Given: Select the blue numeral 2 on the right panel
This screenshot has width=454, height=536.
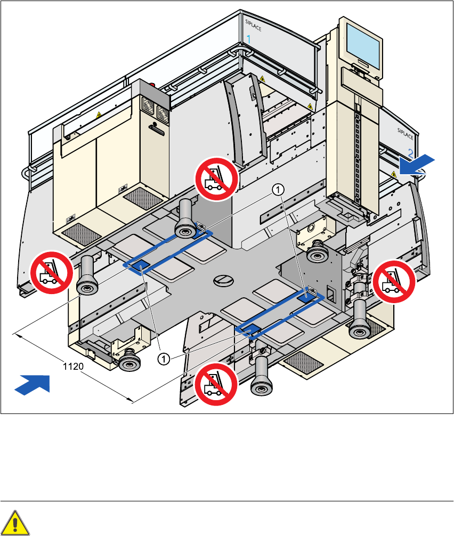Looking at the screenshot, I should pos(410,152).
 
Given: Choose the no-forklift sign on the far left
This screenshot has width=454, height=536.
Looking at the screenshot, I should pos(51,272).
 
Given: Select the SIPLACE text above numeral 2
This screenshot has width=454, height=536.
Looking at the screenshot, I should pos(407,131).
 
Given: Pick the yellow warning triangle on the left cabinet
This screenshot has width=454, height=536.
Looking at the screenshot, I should pos(98,115).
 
